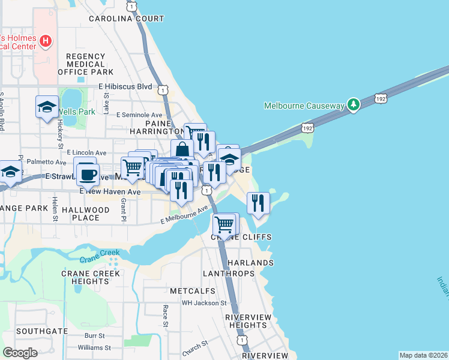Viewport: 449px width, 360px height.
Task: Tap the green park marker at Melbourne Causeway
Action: pos(354,106)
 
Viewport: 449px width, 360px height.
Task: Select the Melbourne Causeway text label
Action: pos(304,106)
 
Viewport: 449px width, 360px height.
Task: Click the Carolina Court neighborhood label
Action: pos(127,19)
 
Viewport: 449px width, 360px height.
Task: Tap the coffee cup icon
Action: pos(88,174)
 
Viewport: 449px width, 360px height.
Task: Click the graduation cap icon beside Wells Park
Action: pos(47,107)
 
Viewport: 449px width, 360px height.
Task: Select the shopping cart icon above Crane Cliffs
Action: pos(224,225)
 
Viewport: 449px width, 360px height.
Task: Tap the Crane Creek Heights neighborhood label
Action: pos(91,277)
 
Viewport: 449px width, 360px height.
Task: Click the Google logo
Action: pos(20,353)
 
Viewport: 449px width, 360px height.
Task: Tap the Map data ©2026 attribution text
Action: pos(423,355)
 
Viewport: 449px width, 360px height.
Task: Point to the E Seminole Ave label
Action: pos(139,115)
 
